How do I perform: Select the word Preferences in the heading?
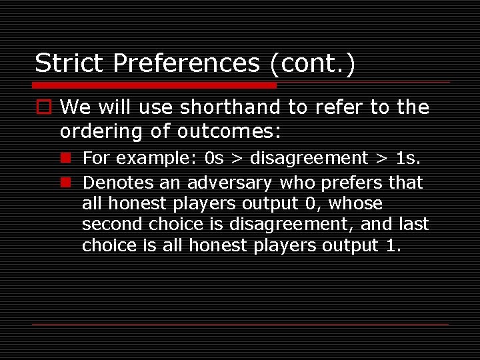(187, 63)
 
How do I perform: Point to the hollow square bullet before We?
(43, 107)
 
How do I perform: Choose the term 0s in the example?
(215, 158)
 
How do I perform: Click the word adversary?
(229, 182)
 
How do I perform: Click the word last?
(413, 224)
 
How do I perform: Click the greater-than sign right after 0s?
(237, 159)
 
